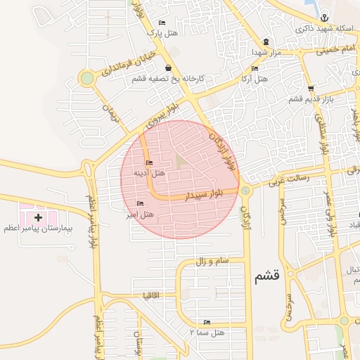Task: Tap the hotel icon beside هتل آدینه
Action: (x=148, y=163)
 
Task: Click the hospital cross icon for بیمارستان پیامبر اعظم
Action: (x=38, y=218)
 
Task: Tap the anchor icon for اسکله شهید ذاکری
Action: (x=323, y=18)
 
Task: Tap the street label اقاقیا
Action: (x=152, y=294)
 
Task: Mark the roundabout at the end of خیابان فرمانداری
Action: (x=87, y=78)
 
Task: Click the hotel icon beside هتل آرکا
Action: (x=255, y=68)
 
